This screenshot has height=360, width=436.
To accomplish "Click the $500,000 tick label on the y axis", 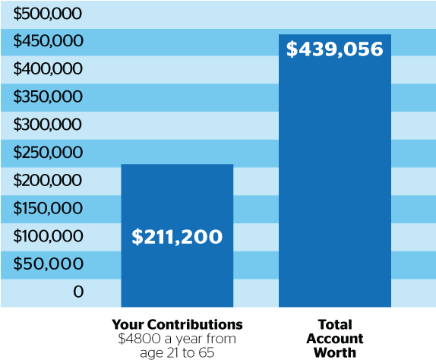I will click(48, 14).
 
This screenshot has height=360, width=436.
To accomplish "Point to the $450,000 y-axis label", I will click(48, 41).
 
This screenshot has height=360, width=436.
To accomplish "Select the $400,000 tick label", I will click(48, 69).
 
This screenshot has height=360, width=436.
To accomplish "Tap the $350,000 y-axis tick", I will click(48, 97).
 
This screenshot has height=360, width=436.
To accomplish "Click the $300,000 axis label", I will click(48, 125).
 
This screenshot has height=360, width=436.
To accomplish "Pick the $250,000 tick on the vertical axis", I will click(48, 153).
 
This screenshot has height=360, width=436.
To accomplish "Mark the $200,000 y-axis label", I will click(48, 181).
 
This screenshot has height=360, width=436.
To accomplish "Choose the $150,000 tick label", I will click(48, 208).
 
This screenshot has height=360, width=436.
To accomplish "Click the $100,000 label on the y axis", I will click(48, 236).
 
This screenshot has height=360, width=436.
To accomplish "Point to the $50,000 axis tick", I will click(51, 264).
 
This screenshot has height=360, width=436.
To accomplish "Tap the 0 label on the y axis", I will click(77, 292).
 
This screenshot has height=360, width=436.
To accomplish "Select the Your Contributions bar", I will click(177, 197).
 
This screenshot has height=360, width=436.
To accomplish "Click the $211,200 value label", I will click(177, 237).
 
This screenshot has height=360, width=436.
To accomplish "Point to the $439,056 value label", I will click(334, 50).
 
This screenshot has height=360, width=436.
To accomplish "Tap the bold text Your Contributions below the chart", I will click(177, 324).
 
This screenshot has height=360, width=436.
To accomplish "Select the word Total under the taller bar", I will click(335, 324).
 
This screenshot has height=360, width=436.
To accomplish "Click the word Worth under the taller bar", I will click(335, 351).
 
